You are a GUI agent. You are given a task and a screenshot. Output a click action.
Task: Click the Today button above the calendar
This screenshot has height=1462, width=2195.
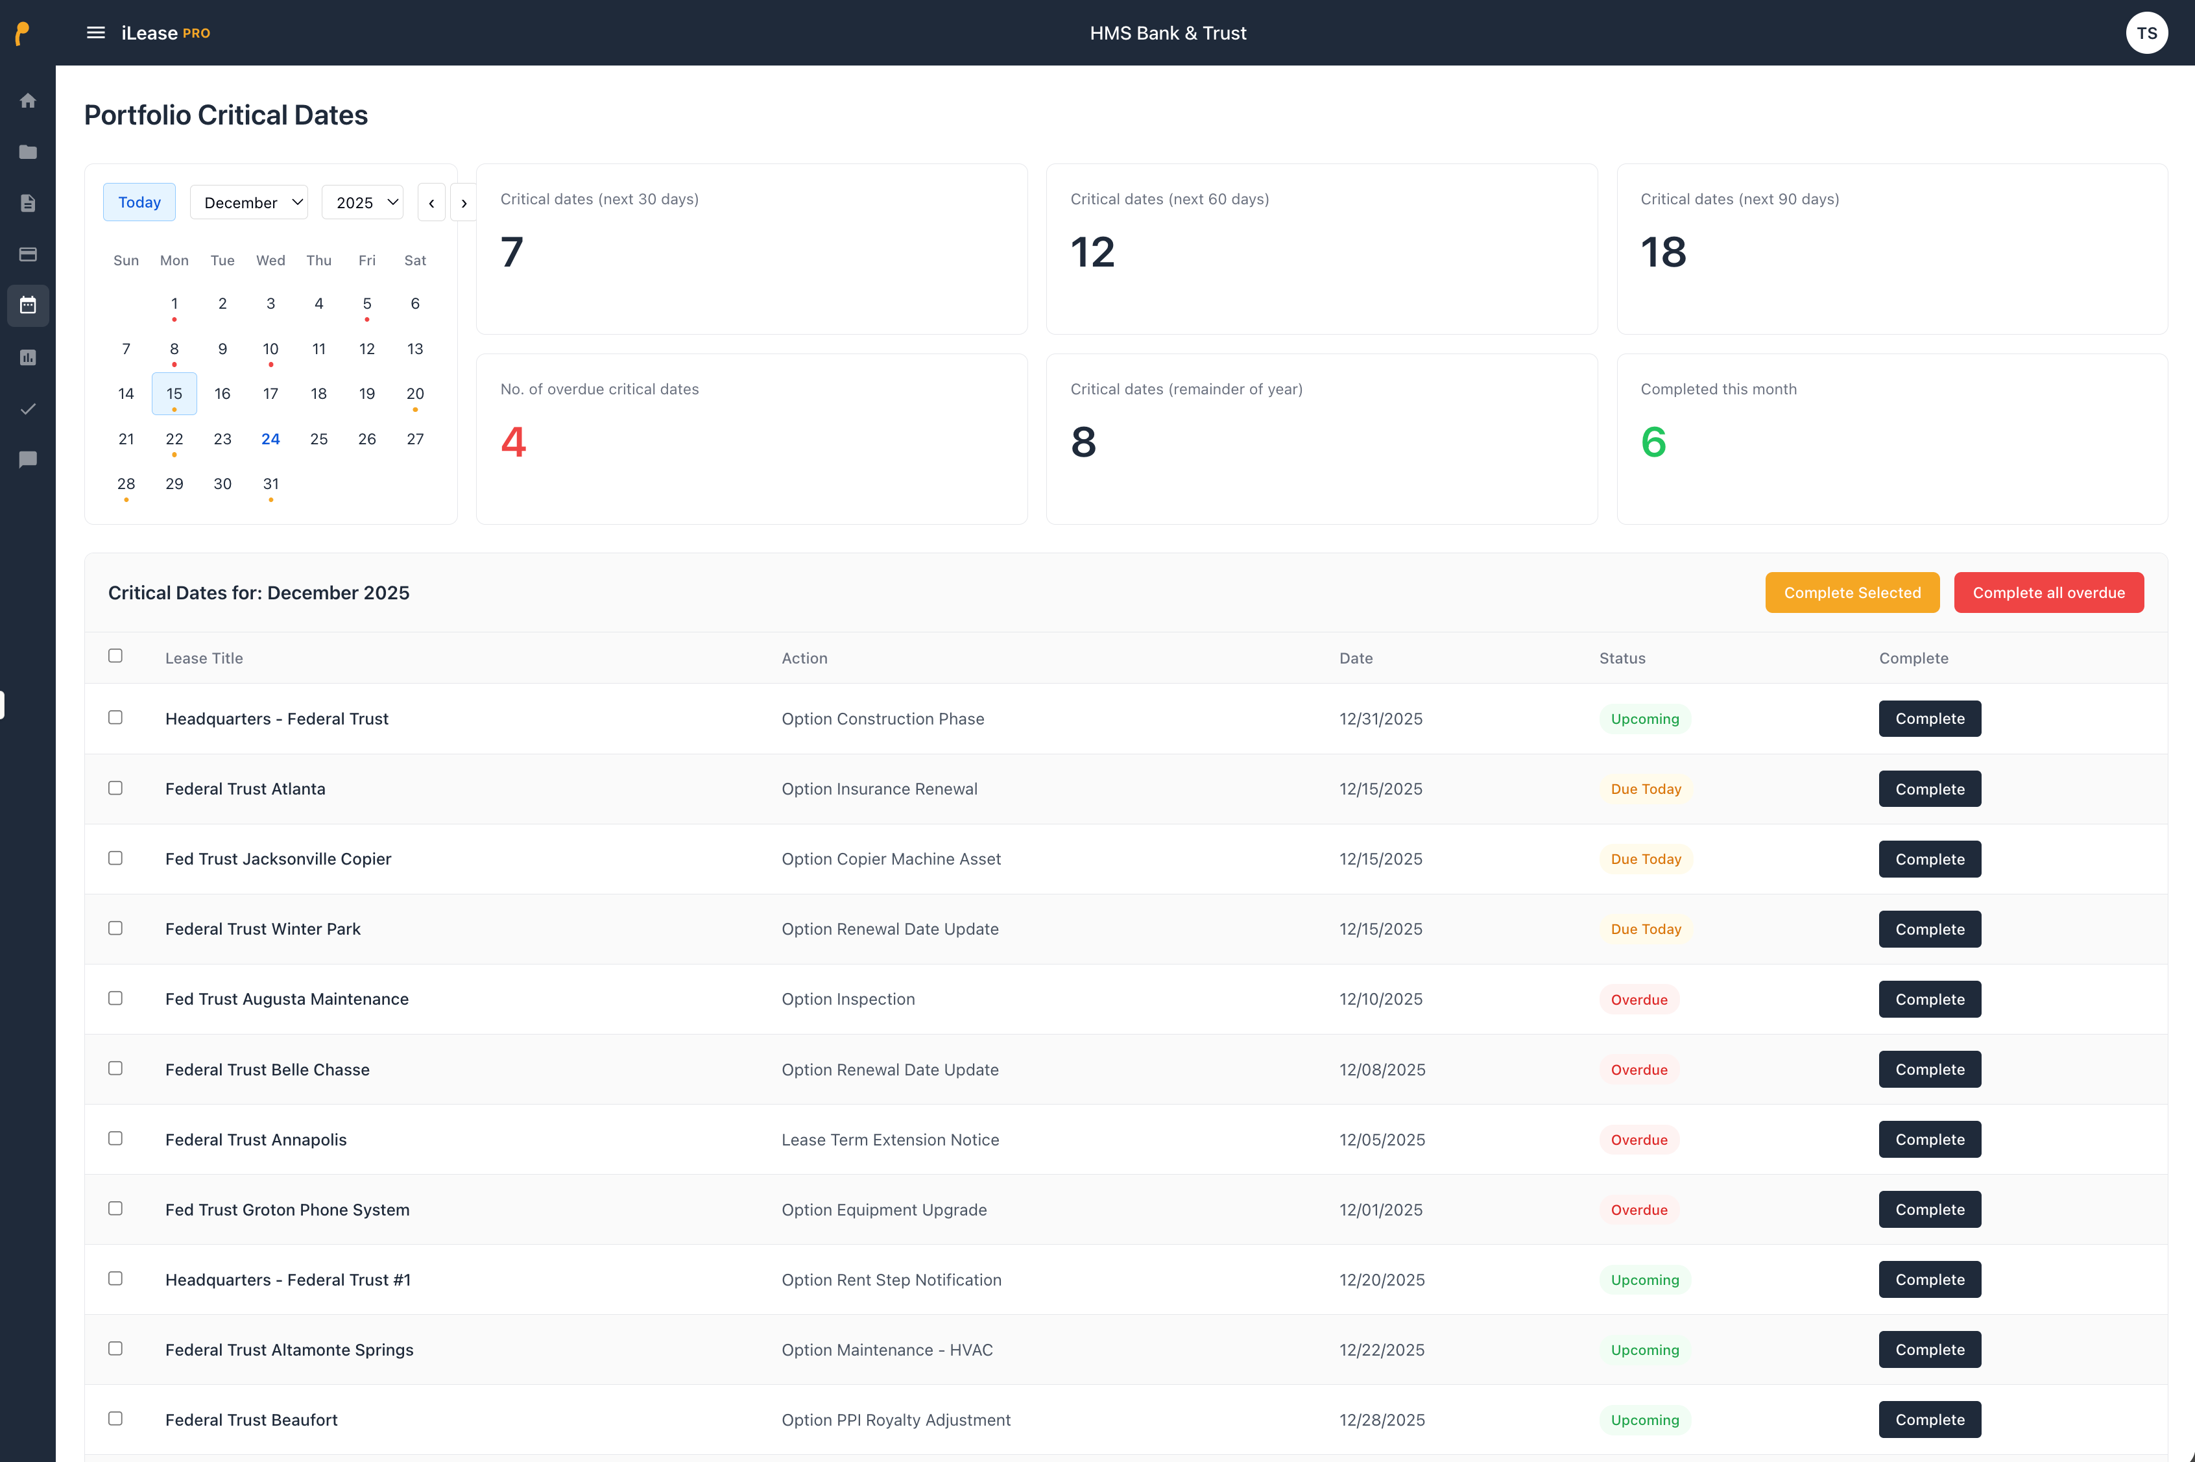(x=139, y=202)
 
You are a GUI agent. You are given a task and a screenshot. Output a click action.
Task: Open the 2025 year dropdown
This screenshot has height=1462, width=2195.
(x=362, y=202)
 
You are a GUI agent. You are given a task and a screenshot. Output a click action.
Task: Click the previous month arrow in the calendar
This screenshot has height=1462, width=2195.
(x=431, y=203)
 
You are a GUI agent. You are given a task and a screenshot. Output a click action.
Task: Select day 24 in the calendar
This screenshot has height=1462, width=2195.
(x=270, y=439)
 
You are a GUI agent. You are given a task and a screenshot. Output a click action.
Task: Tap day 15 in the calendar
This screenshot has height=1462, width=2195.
(x=174, y=394)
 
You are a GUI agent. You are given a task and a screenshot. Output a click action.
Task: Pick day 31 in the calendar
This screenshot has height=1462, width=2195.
(x=270, y=484)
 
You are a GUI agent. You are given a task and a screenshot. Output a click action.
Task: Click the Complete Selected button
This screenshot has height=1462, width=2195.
(x=1852, y=593)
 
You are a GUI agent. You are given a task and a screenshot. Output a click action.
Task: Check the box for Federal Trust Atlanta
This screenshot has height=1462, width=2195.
(x=115, y=788)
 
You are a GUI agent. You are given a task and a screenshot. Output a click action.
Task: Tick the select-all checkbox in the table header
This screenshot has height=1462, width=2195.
(x=115, y=656)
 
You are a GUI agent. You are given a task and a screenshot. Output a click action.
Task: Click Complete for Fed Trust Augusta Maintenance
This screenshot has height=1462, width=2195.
(x=1929, y=1000)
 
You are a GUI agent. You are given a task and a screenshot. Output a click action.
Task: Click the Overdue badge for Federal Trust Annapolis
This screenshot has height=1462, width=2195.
(x=1638, y=1140)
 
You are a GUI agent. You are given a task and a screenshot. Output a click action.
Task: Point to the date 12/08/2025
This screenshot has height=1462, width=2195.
(x=1382, y=1070)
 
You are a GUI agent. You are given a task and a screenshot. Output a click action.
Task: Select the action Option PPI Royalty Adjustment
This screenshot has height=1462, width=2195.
(x=895, y=1420)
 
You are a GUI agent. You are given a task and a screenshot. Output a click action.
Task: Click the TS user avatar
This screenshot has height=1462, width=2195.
(x=2146, y=32)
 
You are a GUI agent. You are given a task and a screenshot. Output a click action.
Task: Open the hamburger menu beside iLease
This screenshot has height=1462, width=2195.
(x=95, y=32)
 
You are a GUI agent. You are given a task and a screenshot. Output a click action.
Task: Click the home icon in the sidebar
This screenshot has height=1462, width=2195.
(x=28, y=101)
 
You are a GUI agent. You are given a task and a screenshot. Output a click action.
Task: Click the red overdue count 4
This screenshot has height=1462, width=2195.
(x=513, y=442)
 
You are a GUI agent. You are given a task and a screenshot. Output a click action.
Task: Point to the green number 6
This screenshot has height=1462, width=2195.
(x=1653, y=442)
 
